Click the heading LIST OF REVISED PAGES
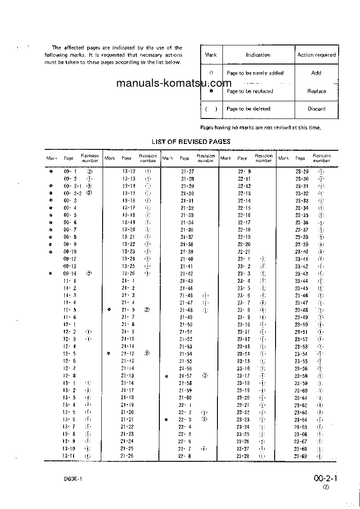tap(191, 142)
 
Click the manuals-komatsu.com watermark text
tap(174, 84)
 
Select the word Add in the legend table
tap(316, 73)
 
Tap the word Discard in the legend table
tap(316, 109)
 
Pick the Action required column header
tap(316, 55)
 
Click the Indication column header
tap(258, 55)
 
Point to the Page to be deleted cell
tap(248, 109)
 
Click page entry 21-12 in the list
tap(128, 353)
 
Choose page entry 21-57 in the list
tap(186, 376)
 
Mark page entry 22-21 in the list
tap(244, 252)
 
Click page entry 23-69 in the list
tap(301, 456)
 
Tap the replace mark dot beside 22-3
tap(167, 420)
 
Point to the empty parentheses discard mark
tap(211, 109)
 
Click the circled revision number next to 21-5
tap(147, 310)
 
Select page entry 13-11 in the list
tap(69, 456)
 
